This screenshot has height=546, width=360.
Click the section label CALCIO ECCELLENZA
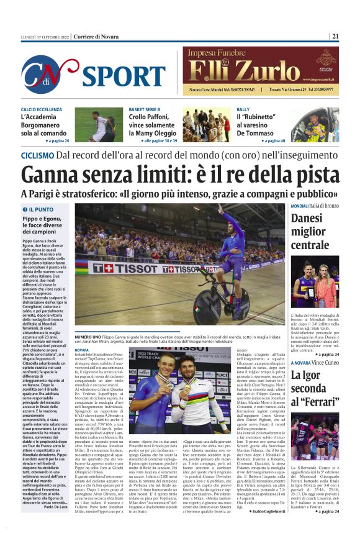pos(41,109)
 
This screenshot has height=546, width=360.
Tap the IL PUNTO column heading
pos(39,209)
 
